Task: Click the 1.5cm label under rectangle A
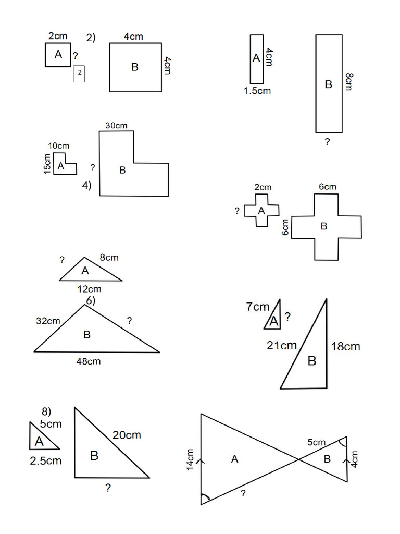257,91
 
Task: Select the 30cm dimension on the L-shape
116,126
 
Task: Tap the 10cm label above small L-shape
59,146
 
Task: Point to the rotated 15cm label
47,164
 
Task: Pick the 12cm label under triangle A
89,289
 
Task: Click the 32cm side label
48,321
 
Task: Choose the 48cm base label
88,361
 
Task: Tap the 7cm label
258,307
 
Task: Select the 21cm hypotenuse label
282,345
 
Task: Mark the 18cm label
345,346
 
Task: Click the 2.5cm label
45,460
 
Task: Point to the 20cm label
127,435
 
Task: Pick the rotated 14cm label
191,459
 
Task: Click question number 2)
91,38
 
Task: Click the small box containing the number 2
79,74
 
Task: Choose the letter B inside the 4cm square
135,67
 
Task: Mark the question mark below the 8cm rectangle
327,141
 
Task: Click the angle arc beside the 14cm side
205,498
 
